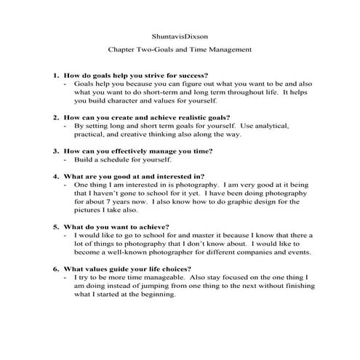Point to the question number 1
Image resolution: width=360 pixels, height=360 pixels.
tap(55, 75)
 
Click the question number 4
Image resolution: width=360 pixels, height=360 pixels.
tap(55, 175)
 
